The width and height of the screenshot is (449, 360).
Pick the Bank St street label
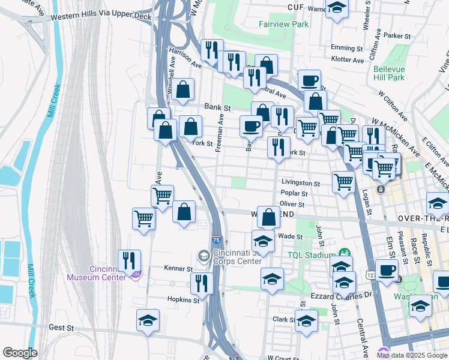(217, 107)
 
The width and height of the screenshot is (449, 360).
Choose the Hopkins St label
(183, 299)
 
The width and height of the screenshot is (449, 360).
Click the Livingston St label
(301, 183)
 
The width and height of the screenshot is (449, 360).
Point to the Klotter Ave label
(348, 60)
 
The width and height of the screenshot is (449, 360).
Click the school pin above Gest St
(148, 321)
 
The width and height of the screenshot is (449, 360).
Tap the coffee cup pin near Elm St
(387, 271)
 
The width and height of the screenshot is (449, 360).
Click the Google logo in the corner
(20, 353)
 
